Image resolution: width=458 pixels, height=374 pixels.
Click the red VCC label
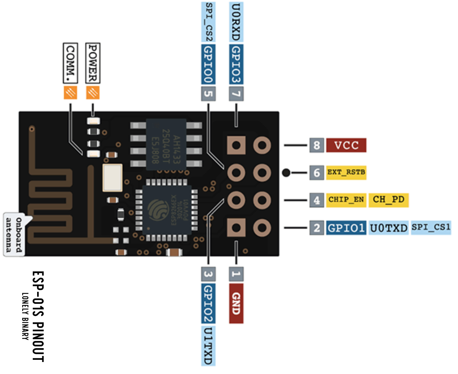tap(346, 145)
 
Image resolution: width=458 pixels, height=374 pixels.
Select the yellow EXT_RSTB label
tap(346, 172)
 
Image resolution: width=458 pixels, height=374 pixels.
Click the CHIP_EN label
tap(346, 200)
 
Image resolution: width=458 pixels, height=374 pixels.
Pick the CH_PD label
tap(388, 200)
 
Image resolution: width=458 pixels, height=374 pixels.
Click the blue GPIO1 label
tap(346, 228)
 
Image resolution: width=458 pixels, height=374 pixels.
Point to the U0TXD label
tap(388, 228)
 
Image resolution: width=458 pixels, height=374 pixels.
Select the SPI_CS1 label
tap(431, 227)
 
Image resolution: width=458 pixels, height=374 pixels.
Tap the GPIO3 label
tap(236, 64)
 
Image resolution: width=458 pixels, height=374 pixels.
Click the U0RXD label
tap(236, 22)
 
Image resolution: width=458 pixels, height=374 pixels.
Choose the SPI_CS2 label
tap(208, 22)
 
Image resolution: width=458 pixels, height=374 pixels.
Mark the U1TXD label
tap(208, 346)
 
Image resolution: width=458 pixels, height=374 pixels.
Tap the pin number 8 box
tap(316, 145)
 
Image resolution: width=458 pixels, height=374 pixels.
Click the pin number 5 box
tap(208, 93)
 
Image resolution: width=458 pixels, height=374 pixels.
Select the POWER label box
tap(93, 63)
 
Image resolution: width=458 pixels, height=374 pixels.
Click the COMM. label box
tap(70, 63)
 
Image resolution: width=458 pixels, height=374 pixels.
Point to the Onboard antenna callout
tap(14, 235)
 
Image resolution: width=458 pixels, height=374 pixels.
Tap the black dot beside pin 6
tap(287, 172)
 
